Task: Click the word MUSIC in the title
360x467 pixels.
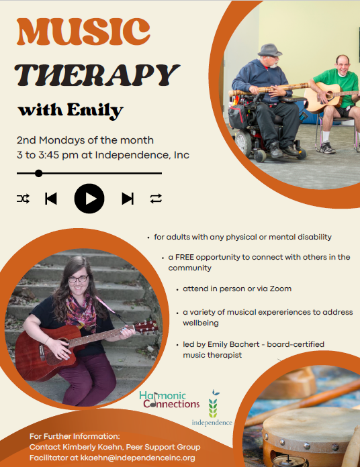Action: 83,32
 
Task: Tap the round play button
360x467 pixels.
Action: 89,198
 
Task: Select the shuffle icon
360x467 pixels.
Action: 23,198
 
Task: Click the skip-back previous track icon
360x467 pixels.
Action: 51,198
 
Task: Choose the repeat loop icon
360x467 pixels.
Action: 156,198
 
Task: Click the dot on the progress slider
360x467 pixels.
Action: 39,173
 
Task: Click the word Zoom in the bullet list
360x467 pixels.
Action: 279,289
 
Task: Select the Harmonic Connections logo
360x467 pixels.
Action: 169,400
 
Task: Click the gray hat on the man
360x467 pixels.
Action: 269,50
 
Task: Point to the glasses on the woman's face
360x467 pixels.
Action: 78,278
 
